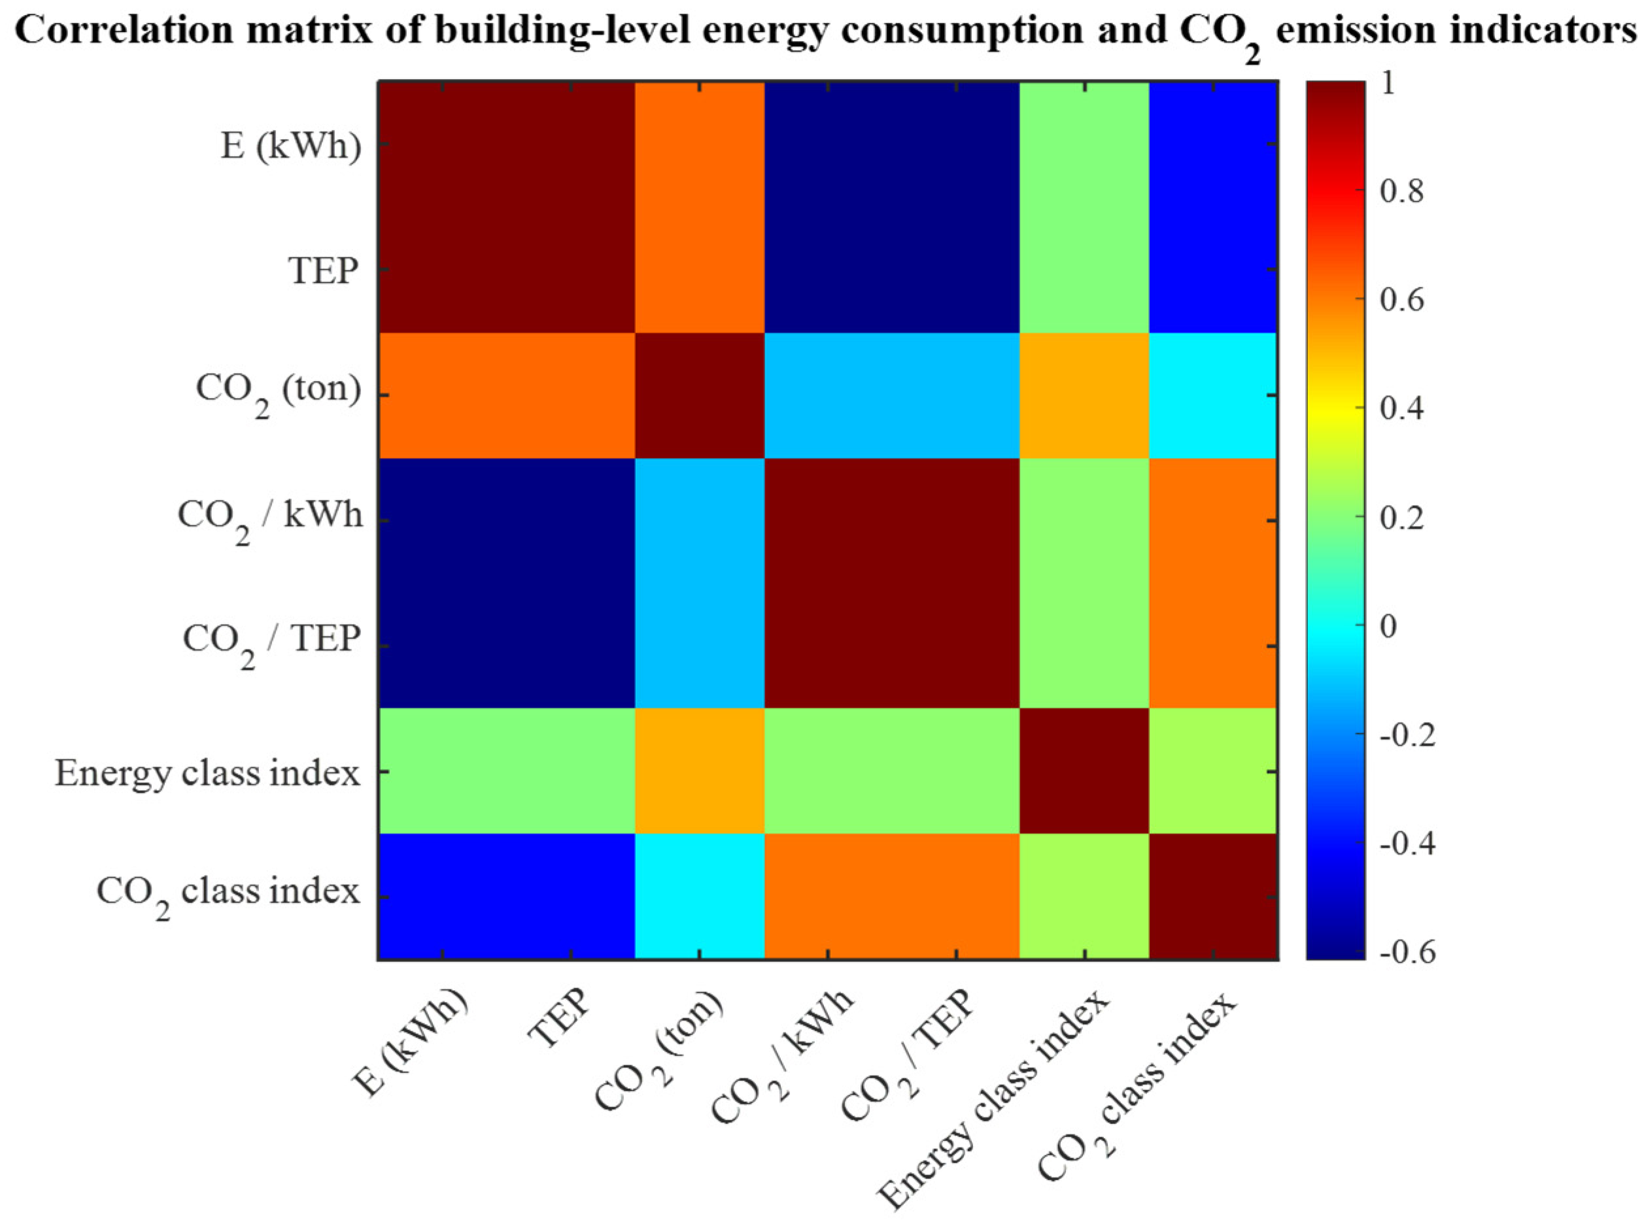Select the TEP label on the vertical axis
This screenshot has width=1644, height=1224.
click(324, 271)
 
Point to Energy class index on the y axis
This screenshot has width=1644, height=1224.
click(207, 774)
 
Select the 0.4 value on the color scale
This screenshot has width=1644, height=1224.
click(1402, 408)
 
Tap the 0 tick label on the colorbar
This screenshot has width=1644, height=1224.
click(1388, 626)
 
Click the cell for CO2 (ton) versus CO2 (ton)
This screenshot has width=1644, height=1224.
click(700, 395)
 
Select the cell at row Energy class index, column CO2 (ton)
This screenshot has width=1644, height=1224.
click(700, 771)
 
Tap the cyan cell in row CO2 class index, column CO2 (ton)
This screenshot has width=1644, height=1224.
click(700, 897)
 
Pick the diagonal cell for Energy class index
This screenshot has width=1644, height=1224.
click(1084, 771)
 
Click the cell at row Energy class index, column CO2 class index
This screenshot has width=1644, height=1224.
click(1212, 771)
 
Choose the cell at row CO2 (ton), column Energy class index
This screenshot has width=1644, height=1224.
click(1084, 395)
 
